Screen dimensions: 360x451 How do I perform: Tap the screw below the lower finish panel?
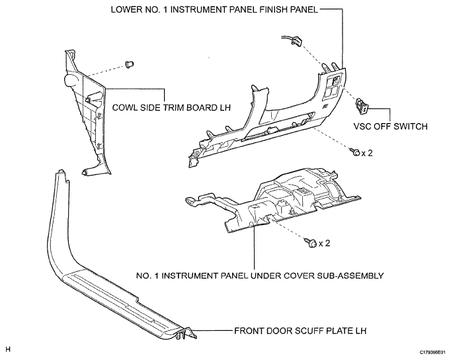coord(357,153)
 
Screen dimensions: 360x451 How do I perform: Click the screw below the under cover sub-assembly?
coord(311,244)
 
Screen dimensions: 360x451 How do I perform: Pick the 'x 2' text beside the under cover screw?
coord(324,244)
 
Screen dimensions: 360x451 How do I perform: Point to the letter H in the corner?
coord(8,349)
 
